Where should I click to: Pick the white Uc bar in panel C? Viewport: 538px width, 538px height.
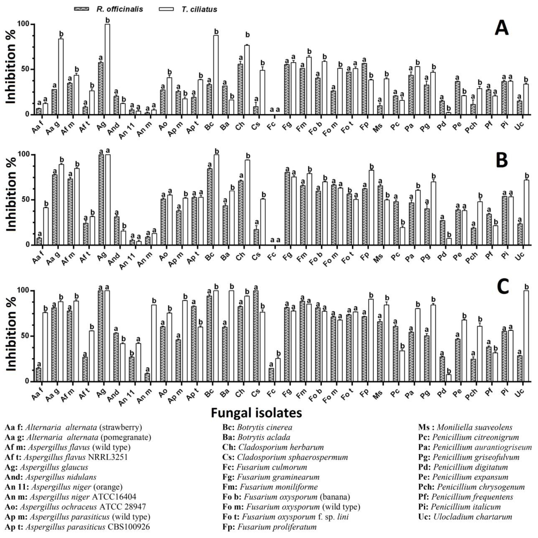coord(526,336)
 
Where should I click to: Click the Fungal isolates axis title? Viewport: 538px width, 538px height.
coord(256,413)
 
